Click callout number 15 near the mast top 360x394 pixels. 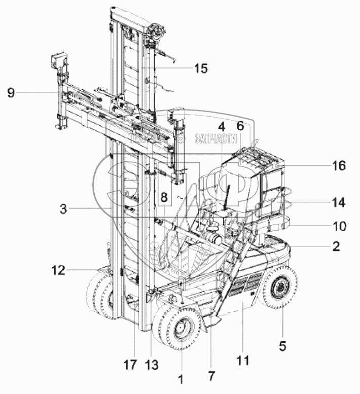pos(201,68)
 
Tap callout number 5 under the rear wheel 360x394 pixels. pos(282,346)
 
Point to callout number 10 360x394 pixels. pos(339,225)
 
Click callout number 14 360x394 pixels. pos(339,203)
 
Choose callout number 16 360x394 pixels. pos(339,165)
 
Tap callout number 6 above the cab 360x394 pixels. pos(240,125)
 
